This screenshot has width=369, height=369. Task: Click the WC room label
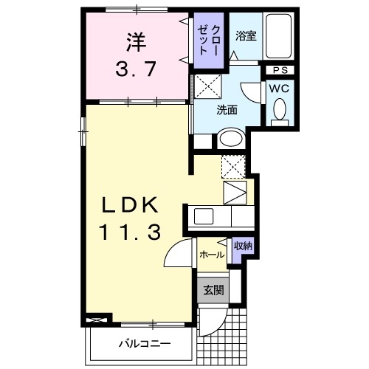(279, 89)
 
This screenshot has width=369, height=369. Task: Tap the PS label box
(280, 70)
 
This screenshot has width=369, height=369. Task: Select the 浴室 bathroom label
(246, 36)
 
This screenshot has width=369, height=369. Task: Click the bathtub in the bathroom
(279, 35)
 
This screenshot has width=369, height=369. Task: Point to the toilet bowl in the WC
(280, 109)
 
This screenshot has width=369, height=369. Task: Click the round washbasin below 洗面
(231, 139)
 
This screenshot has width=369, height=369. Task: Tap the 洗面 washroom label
(227, 110)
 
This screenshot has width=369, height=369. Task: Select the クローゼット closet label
(208, 40)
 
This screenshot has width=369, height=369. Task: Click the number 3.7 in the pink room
(136, 69)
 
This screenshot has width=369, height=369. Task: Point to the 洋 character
(137, 42)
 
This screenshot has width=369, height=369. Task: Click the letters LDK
(130, 204)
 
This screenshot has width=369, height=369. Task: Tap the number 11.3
(130, 232)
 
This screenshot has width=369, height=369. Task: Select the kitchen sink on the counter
(204, 216)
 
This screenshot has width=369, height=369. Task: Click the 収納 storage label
(244, 246)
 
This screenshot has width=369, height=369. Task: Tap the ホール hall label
(212, 255)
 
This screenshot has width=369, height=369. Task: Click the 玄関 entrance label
(213, 290)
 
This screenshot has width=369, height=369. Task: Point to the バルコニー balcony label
(145, 343)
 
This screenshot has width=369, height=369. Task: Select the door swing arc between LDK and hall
(172, 249)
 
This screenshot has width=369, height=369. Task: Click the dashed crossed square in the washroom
(208, 86)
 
